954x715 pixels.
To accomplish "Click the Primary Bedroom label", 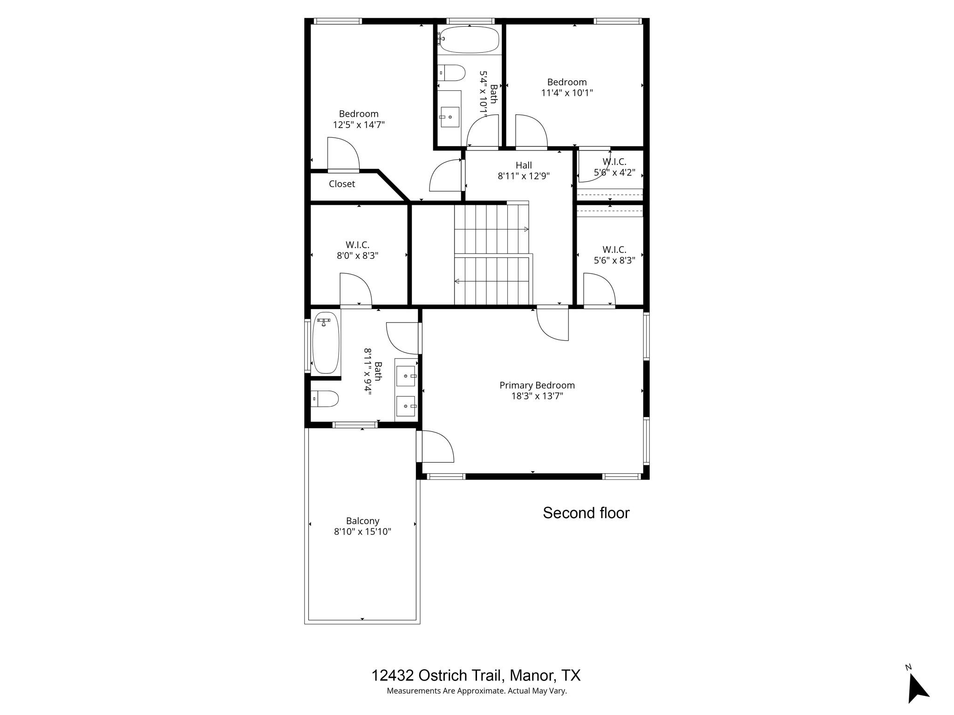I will pyautogui.click(x=537, y=385).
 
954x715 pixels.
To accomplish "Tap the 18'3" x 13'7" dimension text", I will pyautogui.click(x=537, y=396).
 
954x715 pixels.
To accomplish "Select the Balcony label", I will pyautogui.click(x=362, y=521).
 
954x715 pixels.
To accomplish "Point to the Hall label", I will pyautogui.click(x=524, y=165).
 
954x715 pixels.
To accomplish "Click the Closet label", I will pyautogui.click(x=342, y=184).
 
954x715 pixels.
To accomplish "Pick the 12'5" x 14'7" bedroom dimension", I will pyautogui.click(x=359, y=125).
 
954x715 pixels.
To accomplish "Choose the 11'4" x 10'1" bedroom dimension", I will pyautogui.click(x=566, y=93).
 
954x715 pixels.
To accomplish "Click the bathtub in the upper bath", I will pyautogui.click(x=470, y=40).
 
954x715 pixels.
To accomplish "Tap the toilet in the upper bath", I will pyautogui.click(x=453, y=73).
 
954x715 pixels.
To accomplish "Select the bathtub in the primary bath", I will pyautogui.click(x=325, y=343).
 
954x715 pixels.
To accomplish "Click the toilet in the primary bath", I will pyautogui.click(x=325, y=398).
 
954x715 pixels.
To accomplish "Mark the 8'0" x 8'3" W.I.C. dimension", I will pyautogui.click(x=357, y=256).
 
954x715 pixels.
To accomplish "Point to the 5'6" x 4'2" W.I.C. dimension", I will pyautogui.click(x=614, y=173).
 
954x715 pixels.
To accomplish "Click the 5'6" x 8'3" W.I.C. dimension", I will pyautogui.click(x=614, y=260).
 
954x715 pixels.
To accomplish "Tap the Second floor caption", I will pyautogui.click(x=586, y=513).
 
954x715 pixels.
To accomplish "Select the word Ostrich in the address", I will pyautogui.click(x=440, y=675).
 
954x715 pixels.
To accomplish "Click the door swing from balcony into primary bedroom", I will pyautogui.click(x=437, y=446).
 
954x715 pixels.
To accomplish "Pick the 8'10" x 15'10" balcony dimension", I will pyautogui.click(x=362, y=532).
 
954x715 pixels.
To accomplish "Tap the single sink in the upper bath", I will pyautogui.click(x=450, y=116).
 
